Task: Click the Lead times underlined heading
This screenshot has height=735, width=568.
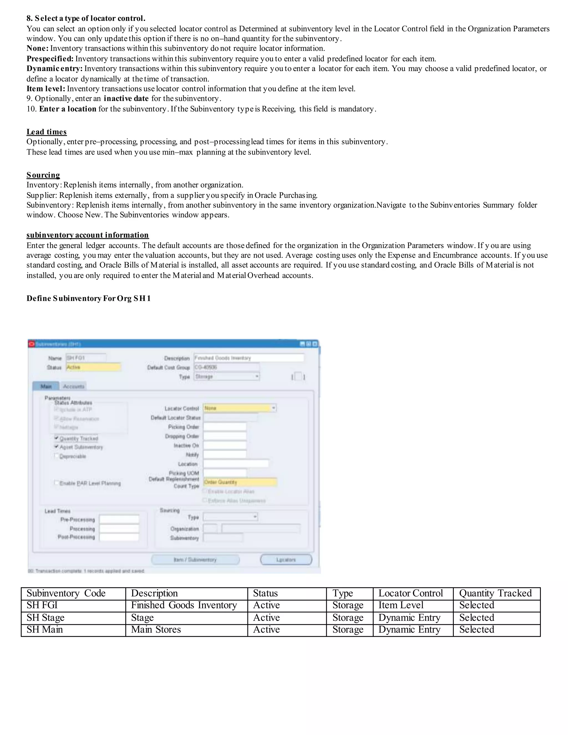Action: coord(46,131)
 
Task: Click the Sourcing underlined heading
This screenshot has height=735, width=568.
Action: coord(43,175)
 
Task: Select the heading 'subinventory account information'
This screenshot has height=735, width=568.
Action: coord(87,235)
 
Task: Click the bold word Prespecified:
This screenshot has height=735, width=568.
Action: coord(50,59)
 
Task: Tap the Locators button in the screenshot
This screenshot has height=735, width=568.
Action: coord(286,560)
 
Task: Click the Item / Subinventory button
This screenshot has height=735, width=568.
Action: coord(195,560)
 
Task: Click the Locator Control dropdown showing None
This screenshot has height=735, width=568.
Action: coord(239,408)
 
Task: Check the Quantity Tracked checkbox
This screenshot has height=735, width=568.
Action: coord(57,438)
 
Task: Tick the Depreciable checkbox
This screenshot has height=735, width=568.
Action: coord(57,456)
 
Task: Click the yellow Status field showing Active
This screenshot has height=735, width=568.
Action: coord(93,367)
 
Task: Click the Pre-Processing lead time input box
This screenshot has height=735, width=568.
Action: coord(119,519)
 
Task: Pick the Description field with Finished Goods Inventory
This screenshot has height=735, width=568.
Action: coord(249,358)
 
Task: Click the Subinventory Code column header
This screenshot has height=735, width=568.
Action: coord(66,593)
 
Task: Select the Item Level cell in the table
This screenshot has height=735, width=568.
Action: coord(401,605)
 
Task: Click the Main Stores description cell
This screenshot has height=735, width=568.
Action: coord(156,629)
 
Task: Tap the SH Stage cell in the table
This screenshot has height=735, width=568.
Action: coord(45,618)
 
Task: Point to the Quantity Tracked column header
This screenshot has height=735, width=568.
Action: coord(495,593)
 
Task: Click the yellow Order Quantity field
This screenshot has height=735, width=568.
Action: coord(240,482)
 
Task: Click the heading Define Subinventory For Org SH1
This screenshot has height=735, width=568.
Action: coord(88,298)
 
